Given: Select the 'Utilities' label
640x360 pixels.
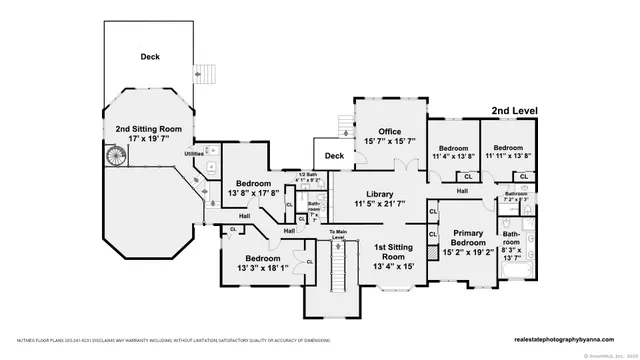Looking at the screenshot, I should click(195, 154).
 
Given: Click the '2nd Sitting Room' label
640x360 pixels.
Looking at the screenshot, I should click(149, 130).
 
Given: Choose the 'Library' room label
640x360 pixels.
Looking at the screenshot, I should click(379, 194).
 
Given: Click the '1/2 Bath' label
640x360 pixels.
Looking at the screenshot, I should click(307, 174).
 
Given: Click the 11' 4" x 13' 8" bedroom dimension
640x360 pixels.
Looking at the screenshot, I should click(453, 156).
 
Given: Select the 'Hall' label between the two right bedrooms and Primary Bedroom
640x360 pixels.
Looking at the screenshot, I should click(463, 191).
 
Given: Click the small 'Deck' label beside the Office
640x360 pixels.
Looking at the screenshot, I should click(334, 156).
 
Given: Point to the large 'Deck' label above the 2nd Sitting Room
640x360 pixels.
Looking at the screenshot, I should click(150, 57).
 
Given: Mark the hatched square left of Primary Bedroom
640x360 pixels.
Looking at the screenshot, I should click(433, 213).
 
